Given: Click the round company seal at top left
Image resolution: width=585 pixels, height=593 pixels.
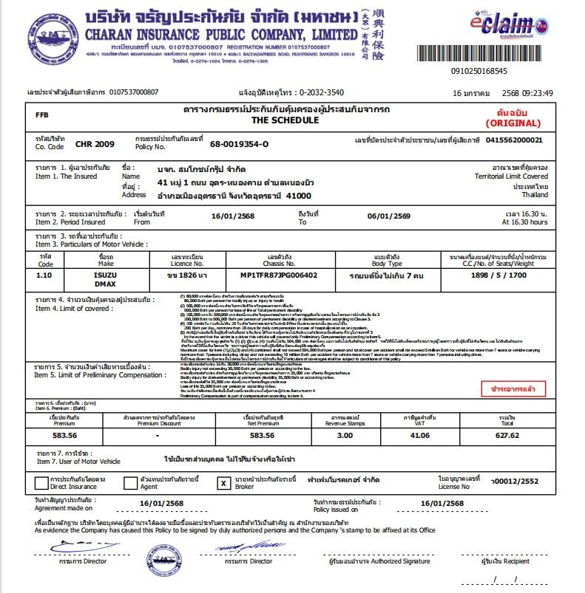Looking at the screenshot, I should pyautogui.click(x=53, y=37).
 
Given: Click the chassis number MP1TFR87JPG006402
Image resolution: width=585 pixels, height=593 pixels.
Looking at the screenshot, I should pyautogui.click(x=280, y=275).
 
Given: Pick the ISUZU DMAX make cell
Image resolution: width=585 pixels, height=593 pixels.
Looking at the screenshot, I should pyautogui.click(x=106, y=279).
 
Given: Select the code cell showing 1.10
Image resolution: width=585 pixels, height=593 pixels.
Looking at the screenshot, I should pyautogui.click(x=46, y=275).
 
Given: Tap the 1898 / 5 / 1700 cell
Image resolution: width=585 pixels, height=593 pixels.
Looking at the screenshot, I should pyautogui.click(x=498, y=275).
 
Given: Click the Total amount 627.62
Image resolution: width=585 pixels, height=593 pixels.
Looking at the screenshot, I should pyautogui.click(x=507, y=435).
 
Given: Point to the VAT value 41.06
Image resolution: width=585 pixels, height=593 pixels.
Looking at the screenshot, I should pyautogui.click(x=419, y=435).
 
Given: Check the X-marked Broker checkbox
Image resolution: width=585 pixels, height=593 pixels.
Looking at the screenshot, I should pyautogui.click(x=223, y=484).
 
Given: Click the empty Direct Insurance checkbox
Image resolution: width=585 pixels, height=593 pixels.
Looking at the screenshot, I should pyautogui.click(x=41, y=484).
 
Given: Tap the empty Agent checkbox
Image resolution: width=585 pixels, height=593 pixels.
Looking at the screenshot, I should pyautogui.click(x=130, y=484).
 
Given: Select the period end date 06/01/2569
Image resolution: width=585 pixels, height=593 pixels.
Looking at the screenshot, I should pyautogui.click(x=389, y=217).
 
